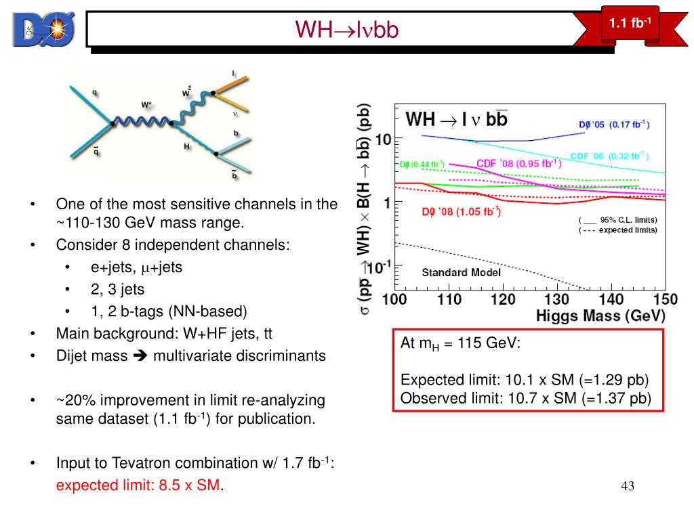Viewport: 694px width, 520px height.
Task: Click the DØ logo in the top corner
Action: click(x=43, y=28)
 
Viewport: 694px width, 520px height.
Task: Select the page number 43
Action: click(x=627, y=486)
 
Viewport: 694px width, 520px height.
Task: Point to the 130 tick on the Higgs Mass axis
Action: click(x=556, y=299)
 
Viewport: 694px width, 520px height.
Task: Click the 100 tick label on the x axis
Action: click(x=395, y=299)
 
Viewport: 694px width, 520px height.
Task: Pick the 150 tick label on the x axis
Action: click(x=665, y=299)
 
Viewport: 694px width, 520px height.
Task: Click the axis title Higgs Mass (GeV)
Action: click(x=600, y=316)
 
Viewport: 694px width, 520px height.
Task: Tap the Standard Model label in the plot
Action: click(x=461, y=272)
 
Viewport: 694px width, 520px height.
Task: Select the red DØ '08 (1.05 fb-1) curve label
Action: click(x=461, y=212)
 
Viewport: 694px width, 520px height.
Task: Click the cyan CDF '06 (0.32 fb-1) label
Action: click(x=609, y=156)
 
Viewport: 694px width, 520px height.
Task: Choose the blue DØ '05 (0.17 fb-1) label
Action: click(x=613, y=125)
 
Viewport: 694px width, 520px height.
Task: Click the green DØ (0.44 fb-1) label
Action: click(x=422, y=164)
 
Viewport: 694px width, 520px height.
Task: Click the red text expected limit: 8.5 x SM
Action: click(x=139, y=485)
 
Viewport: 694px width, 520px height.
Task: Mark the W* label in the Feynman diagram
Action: click(x=146, y=105)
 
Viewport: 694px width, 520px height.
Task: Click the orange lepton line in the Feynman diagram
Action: click(x=234, y=84)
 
